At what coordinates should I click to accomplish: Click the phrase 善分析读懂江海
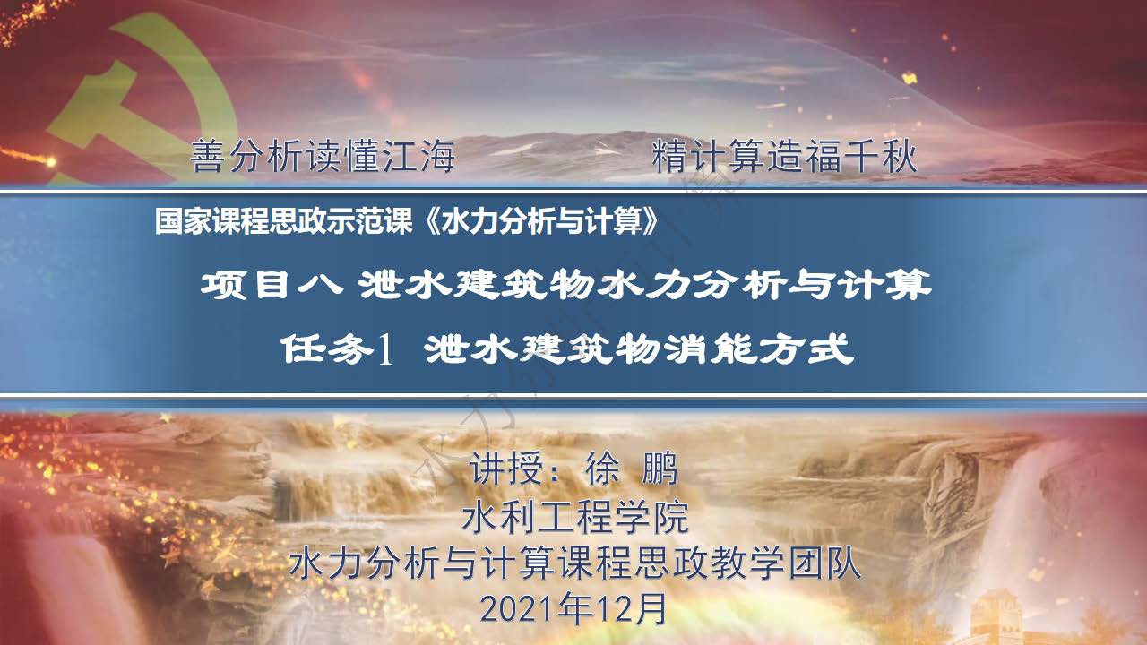click(323, 156)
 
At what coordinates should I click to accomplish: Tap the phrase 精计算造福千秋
click(784, 156)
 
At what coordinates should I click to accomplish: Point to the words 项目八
click(272, 285)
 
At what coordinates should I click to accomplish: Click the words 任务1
click(337, 350)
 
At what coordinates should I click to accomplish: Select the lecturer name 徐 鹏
click(632, 468)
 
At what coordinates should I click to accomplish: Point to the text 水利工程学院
click(575, 517)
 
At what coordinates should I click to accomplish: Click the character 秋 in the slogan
click(899, 156)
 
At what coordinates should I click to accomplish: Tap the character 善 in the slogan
click(208, 156)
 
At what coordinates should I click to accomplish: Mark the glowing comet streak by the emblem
click(28, 156)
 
